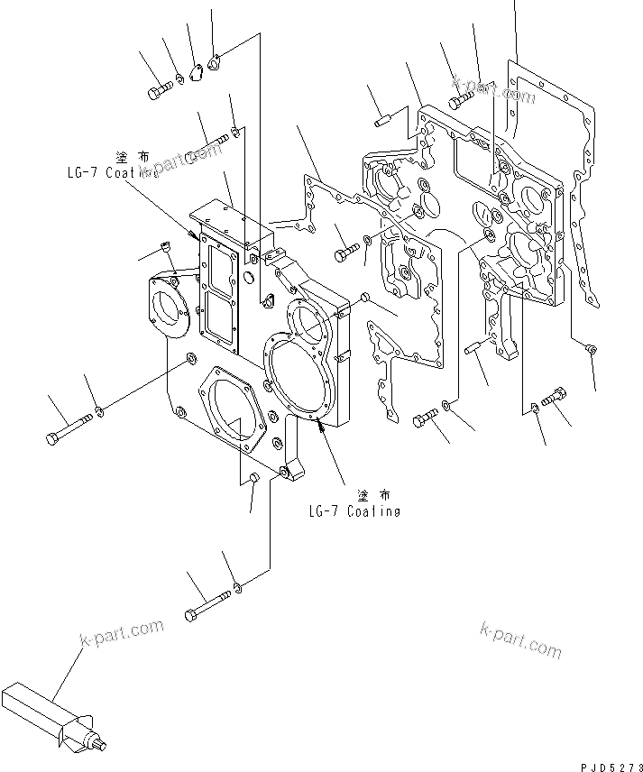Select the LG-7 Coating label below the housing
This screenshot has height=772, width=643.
[354, 511]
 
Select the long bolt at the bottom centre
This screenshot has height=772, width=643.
[207, 604]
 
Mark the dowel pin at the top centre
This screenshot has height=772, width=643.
[381, 118]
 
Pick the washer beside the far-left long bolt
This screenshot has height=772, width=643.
[100, 413]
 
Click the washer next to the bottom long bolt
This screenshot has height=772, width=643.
[236, 589]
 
